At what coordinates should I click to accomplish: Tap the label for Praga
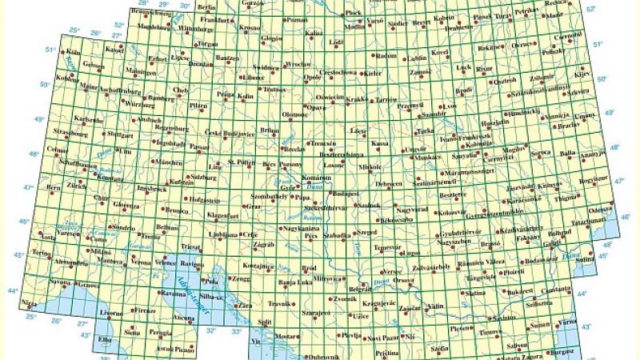point(225,94)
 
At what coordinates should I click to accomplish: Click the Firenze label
point(145,309)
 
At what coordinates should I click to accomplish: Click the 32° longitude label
point(211,329)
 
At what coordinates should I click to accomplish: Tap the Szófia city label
point(439,349)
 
